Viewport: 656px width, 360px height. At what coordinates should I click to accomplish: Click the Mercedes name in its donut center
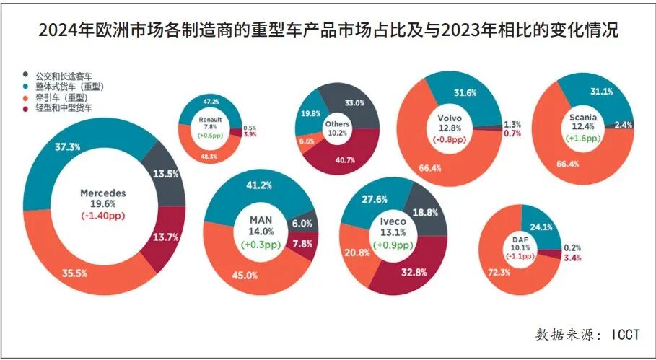(103, 193)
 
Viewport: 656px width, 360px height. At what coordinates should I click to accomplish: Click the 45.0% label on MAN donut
(245, 275)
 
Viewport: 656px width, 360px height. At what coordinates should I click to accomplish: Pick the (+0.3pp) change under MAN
(261, 245)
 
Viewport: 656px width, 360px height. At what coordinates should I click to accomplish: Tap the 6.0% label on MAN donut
(302, 224)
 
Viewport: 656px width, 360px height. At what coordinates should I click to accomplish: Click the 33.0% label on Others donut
(355, 103)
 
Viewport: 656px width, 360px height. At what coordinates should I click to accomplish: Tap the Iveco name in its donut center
(394, 221)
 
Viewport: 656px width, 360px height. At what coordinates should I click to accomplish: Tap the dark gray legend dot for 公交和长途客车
(27, 74)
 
